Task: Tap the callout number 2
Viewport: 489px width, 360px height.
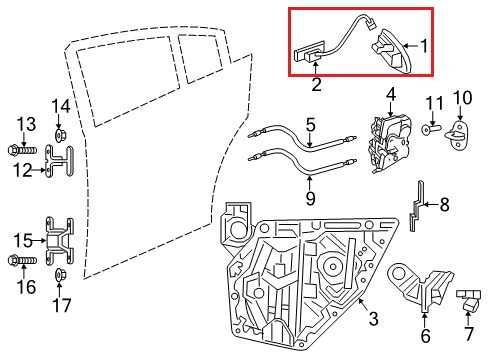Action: [x=316, y=85]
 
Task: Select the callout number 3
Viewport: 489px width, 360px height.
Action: [x=372, y=320]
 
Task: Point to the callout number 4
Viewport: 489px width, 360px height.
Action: [x=391, y=96]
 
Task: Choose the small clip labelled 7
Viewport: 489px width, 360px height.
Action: [x=468, y=298]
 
